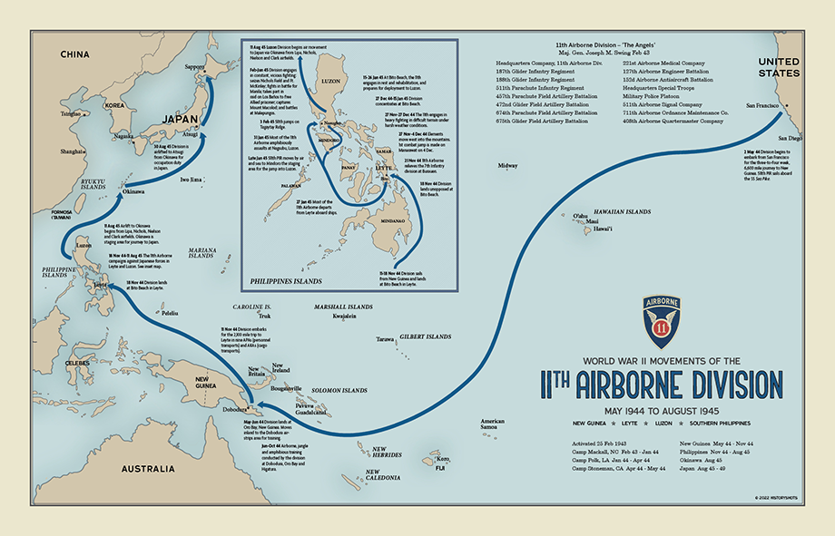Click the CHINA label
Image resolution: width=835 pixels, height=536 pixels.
coord(74,55)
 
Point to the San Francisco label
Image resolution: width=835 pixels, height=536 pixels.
coord(763,106)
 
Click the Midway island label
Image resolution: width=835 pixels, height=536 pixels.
coord(507,166)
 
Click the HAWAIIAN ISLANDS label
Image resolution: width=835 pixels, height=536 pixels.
coord(622,211)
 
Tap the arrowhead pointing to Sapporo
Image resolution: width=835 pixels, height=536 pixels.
coord(208,80)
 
